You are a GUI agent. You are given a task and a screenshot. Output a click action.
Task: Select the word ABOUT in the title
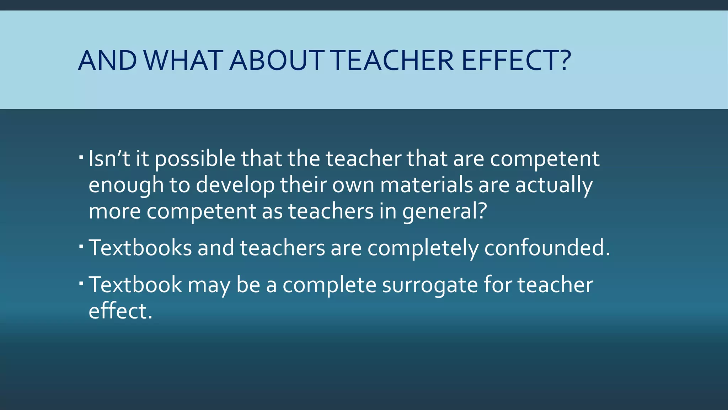(x=277, y=60)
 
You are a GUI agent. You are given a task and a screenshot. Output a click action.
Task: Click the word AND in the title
(x=107, y=60)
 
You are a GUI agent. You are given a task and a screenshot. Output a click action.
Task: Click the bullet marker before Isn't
(x=81, y=157)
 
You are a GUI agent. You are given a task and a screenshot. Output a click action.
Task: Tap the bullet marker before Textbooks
(x=81, y=246)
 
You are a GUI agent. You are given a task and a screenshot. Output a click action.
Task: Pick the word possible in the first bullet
(x=195, y=159)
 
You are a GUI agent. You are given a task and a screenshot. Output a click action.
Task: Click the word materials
(x=427, y=185)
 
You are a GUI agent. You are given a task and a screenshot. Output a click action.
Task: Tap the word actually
(x=554, y=185)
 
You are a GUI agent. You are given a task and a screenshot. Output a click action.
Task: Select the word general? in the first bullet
(x=444, y=211)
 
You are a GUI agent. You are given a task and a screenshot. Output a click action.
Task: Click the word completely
(x=423, y=248)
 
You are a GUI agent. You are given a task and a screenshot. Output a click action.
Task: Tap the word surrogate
(x=430, y=285)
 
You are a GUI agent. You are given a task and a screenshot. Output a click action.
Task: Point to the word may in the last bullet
(x=209, y=285)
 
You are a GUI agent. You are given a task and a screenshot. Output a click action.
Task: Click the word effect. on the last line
(x=120, y=310)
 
